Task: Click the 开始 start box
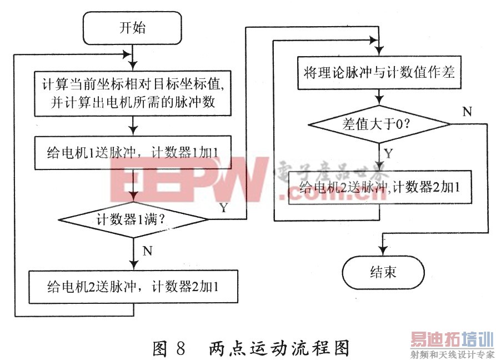(132, 28)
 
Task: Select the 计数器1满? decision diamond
(133, 219)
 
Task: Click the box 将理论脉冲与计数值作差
(379, 72)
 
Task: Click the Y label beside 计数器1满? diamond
(223, 208)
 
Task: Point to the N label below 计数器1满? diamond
(147, 251)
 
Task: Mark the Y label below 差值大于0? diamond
(389, 153)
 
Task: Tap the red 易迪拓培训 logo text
(452, 339)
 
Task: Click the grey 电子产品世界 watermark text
(328, 167)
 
